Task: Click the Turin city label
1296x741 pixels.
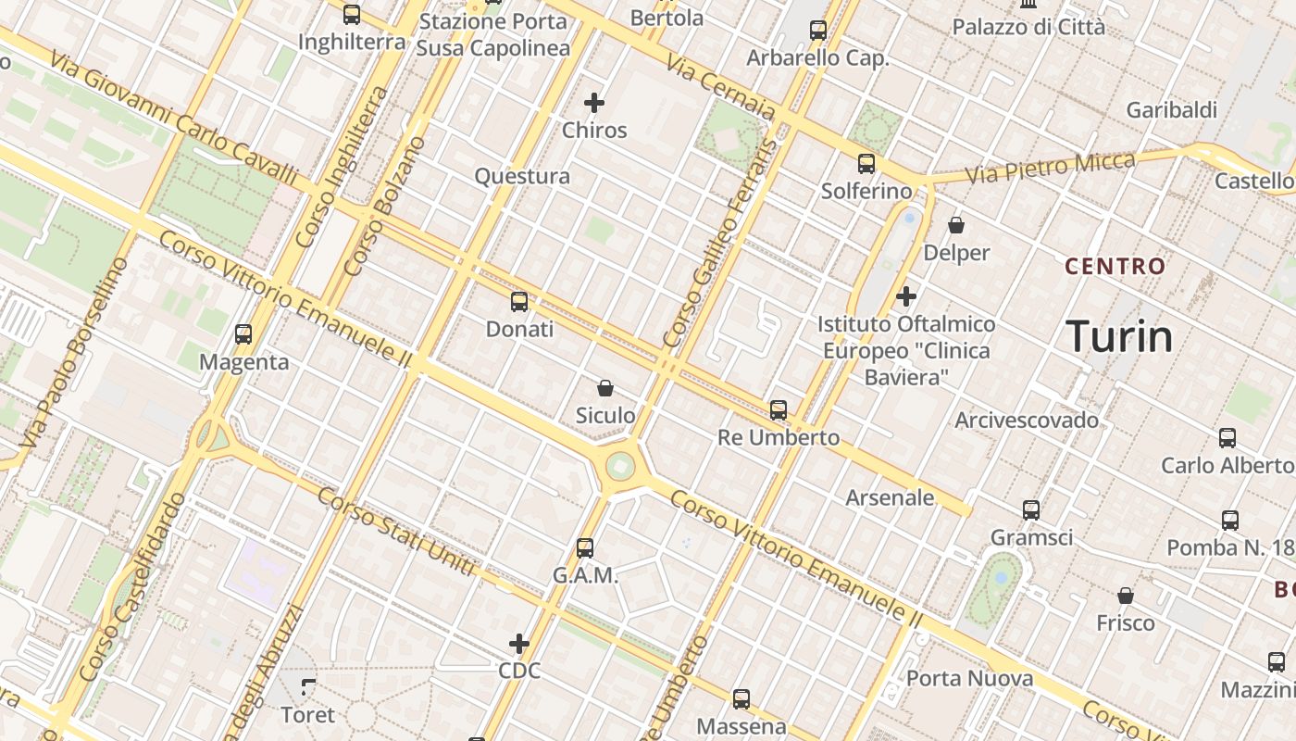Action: point(1119,336)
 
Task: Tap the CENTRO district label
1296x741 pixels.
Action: point(1115,267)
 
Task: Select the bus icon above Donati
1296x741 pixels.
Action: point(519,302)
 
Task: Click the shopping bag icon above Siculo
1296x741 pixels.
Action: point(605,388)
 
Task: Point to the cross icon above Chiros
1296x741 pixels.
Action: point(594,103)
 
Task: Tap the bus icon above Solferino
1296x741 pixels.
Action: point(866,164)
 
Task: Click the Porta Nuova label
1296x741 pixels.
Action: point(969,678)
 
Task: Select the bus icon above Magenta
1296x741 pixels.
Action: point(243,334)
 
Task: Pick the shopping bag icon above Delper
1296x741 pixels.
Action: point(956,225)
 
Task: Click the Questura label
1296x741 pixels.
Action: point(522,176)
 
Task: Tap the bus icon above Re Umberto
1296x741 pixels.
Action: point(779,410)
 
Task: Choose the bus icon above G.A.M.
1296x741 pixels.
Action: point(585,548)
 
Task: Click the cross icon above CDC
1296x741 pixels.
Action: point(519,643)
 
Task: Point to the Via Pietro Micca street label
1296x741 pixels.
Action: point(1050,168)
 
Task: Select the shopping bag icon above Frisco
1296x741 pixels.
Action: point(1126,596)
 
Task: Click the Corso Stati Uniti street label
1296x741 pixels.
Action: point(396,530)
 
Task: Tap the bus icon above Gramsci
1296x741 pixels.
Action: point(1031,510)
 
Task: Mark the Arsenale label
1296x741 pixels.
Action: point(890,497)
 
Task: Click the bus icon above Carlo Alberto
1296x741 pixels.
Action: point(1227,438)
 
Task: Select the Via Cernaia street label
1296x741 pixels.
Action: point(720,86)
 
